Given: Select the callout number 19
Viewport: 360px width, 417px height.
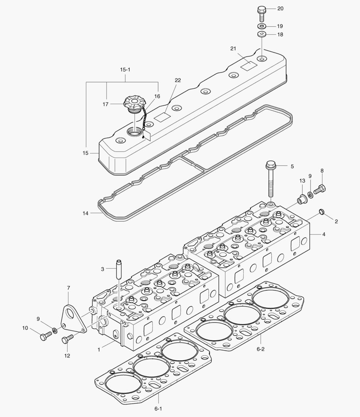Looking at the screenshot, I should coord(280,26).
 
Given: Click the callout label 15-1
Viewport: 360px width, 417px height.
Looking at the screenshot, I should coord(125,70).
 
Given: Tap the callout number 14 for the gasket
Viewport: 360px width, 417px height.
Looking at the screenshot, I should coord(86,213).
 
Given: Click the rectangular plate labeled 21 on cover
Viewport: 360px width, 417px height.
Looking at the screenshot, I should coord(247,66).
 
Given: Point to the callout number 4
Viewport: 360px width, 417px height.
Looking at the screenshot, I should coord(323,234).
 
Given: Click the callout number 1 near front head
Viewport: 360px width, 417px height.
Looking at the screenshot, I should coord(99,349).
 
